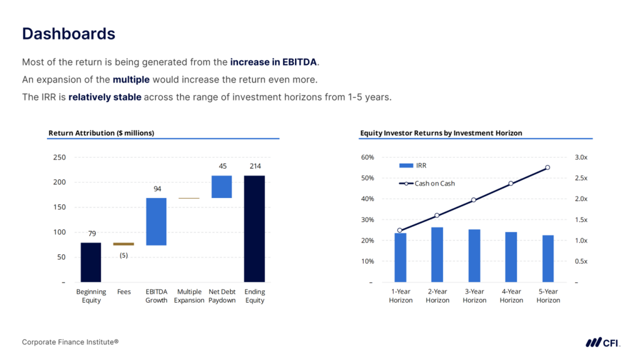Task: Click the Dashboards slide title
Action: (x=69, y=34)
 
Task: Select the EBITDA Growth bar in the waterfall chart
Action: (x=156, y=221)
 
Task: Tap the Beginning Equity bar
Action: (x=91, y=262)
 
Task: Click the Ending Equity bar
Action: (x=254, y=228)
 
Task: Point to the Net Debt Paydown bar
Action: (x=222, y=186)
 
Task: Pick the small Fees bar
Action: (x=124, y=244)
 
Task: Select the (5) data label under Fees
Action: (x=124, y=255)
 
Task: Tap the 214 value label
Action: (x=254, y=166)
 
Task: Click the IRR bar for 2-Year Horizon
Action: (x=437, y=254)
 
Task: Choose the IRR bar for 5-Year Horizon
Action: (x=548, y=258)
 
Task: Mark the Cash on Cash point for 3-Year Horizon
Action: (x=474, y=200)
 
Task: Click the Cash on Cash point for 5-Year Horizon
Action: (x=547, y=167)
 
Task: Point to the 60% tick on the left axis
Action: (x=367, y=157)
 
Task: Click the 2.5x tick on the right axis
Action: (x=581, y=178)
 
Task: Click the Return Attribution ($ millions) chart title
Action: (x=101, y=133)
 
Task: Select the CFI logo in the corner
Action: (x=602, y=342)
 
